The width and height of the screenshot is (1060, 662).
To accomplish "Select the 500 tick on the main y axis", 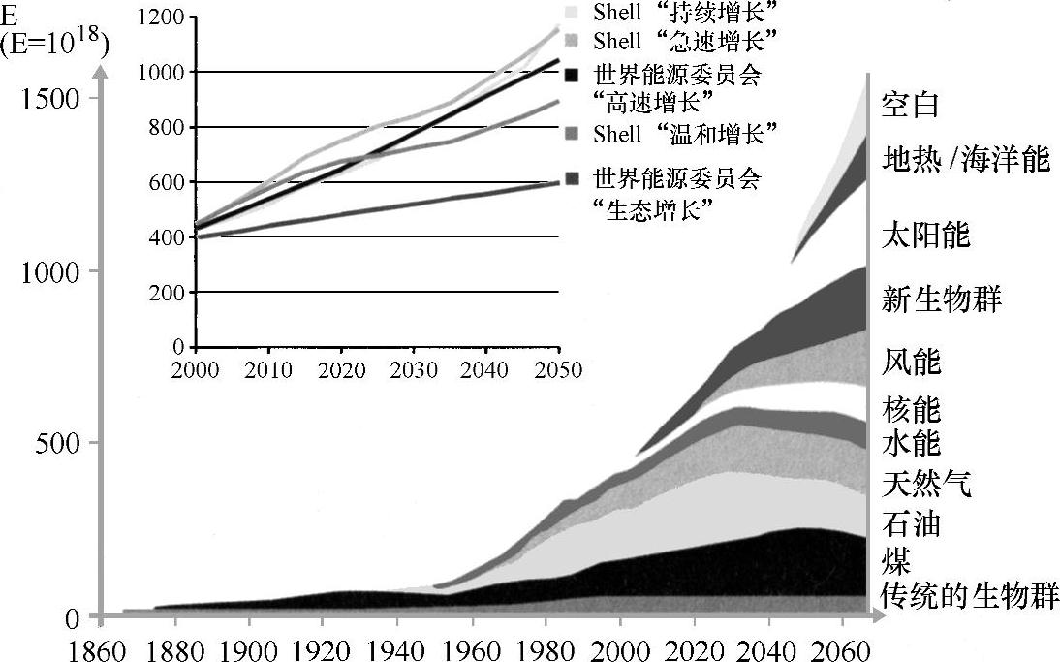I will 60,443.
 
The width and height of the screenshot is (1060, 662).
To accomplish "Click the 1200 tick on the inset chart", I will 160,17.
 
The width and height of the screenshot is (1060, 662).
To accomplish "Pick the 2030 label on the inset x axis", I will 414,369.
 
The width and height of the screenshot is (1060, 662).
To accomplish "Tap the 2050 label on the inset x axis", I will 558,369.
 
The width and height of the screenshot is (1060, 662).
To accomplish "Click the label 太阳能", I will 925,235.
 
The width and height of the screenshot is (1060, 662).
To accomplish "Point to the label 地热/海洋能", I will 966,158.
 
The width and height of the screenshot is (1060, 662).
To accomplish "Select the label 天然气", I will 925,482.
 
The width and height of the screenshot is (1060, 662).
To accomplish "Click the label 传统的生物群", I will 969,594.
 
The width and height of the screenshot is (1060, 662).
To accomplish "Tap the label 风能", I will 911,363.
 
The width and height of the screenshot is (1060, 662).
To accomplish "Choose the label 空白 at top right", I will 911,105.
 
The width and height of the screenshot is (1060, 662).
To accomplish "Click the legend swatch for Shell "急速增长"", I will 572,42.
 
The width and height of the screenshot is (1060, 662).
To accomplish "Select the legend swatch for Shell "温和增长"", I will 572,132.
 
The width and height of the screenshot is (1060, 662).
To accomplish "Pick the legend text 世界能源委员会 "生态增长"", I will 676,194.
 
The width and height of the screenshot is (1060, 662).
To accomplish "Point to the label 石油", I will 911,524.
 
